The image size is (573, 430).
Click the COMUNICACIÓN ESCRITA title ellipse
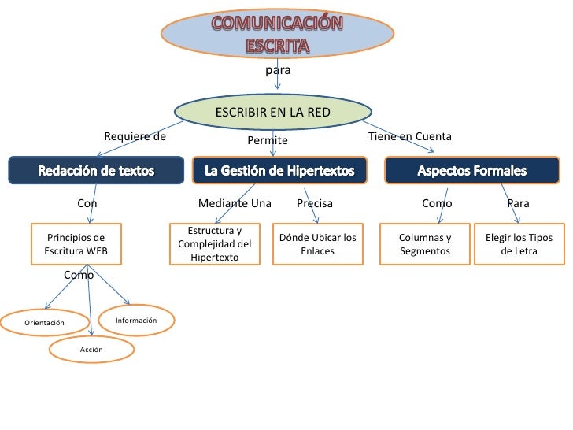[x=277, y=33]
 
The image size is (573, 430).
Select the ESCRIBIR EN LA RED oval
[x=273, y=113]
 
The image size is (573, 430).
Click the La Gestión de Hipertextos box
[x=279, y=170]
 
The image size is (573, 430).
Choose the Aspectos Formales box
[x=471, y=170]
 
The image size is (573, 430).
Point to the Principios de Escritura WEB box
[x=76, y=244]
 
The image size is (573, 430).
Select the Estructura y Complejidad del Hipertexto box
[x=215, y=244]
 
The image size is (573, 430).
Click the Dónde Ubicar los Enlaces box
[x=317, y=244]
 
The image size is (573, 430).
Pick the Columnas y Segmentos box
[x=424, y=244]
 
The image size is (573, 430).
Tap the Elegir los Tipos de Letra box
[x=519, y=244]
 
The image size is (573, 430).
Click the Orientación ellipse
[x=44, y=322]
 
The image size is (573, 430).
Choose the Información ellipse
[x=136, y=320]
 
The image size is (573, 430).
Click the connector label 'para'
[x=278, y=70]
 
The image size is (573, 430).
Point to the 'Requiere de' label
[x=135, y=136]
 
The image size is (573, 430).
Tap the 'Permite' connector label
[x=268, y=140]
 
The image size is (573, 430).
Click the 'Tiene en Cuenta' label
[x=410, y=136]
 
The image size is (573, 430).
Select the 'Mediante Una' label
[x=235, y=203]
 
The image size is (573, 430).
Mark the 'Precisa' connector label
[x=315, y=203]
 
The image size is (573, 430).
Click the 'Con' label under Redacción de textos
[x=87, y=203]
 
